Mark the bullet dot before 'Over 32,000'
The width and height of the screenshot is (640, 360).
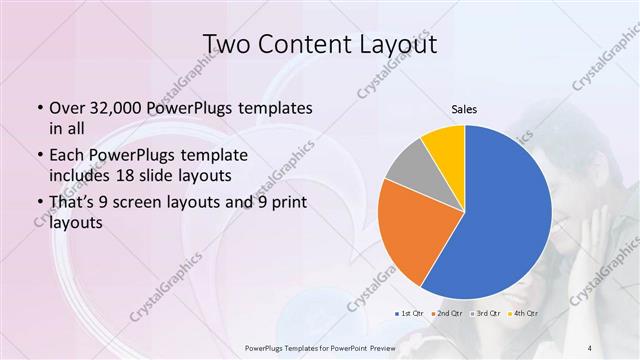tap(38, 108)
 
